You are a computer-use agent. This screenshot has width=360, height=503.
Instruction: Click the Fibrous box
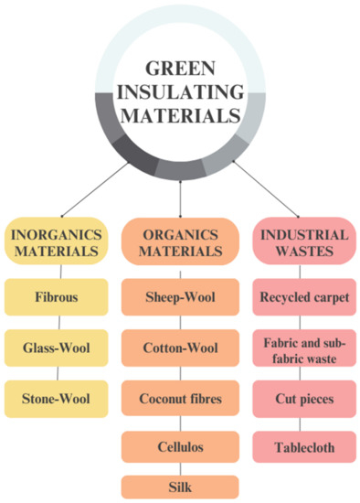coord(59,298)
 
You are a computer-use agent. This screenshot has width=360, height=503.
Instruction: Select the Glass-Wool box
coord(59,348)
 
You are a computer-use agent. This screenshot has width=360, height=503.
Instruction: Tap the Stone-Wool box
coord(59,398)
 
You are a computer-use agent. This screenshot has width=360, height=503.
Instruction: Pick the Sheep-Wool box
coord(180,298)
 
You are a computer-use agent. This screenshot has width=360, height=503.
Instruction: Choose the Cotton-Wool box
coord(180,348)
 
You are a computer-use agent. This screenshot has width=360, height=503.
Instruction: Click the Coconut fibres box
coord(180,398)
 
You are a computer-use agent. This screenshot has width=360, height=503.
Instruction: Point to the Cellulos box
coord(180,447)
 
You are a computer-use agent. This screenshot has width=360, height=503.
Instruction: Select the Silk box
coord(180,486)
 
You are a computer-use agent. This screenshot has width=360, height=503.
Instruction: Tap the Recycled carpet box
coord(301,298)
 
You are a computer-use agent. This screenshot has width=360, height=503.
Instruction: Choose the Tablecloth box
coord(301,447)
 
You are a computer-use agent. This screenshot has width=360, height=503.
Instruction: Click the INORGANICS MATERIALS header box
coord(59,241)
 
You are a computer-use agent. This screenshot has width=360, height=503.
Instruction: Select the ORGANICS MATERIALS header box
coord(180,241)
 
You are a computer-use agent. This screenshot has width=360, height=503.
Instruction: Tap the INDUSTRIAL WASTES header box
coord(301,241)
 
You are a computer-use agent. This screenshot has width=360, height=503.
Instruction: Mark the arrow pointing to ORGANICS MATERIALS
coord(181,197)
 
